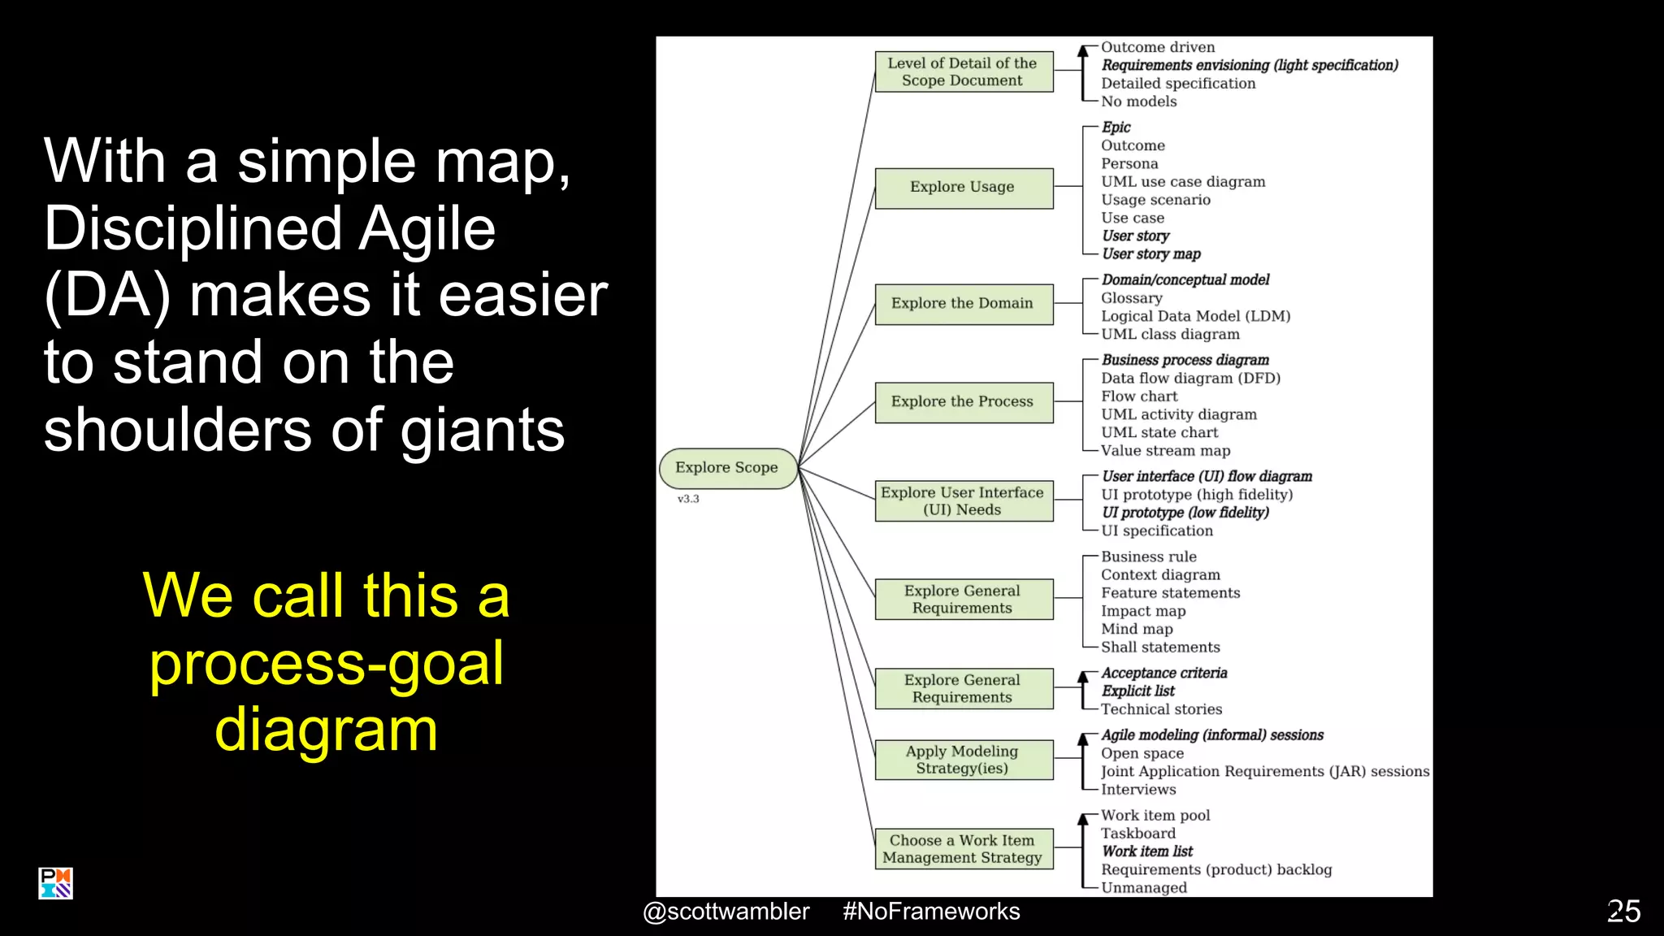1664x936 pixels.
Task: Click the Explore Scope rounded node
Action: click(x=727, y=468)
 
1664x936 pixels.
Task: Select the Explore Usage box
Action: click(x=963, y=188)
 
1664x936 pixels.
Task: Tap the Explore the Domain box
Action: click(x=963, y=304)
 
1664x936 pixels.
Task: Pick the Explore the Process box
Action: click(x=963, y=402)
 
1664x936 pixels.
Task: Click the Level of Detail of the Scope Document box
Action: click(x=963, y=71)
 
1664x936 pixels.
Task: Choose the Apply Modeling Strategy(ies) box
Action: click(x=963, y=760)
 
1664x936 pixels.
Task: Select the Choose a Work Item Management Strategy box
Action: click(x=963, y=848)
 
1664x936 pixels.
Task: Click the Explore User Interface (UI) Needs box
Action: click(x=963, y=500)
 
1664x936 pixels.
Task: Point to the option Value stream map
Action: click(x=1165, y=451)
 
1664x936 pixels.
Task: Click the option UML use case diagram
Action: click(x=1183, y=182)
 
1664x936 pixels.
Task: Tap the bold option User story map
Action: click(x=1150, y=254)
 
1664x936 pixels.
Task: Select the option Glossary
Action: click(x=1131, y=298)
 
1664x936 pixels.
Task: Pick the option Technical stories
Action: click(x=1161, y=709)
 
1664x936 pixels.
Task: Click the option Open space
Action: click(x=1142, y=753)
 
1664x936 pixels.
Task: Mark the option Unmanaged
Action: click(x=1143, y=888)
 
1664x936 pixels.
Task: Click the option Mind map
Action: click(x=1137, y=629)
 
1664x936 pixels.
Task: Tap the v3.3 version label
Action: click(x=688, y=499)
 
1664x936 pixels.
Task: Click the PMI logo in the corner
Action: click(x=55, y=883)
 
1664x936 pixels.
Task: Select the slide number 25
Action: click(x=1623, y=912)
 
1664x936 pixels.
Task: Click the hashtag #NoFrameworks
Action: click(x=931, y=912)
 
